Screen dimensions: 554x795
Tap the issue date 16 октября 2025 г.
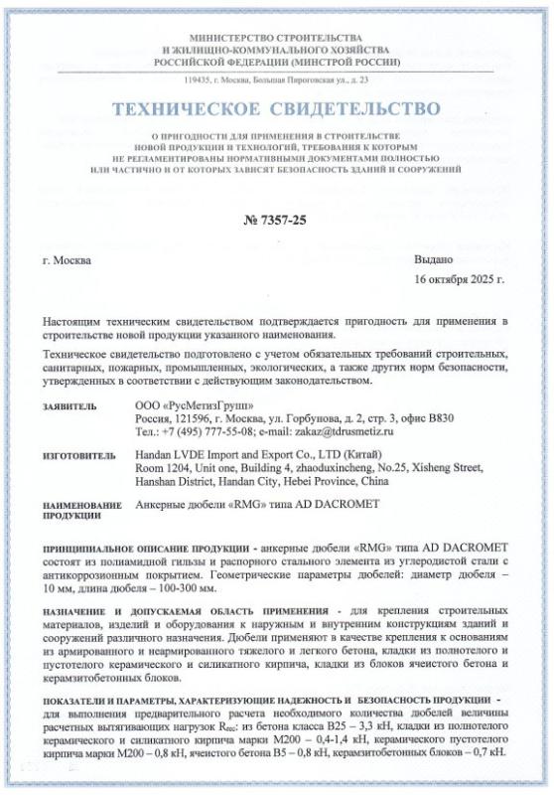click(459, 280)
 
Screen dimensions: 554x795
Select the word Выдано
click(432, 260)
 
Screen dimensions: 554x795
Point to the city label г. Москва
click(68, 260)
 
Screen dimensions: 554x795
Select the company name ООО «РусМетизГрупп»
click(186, 406)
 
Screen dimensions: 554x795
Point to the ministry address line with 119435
click(276, 79)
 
